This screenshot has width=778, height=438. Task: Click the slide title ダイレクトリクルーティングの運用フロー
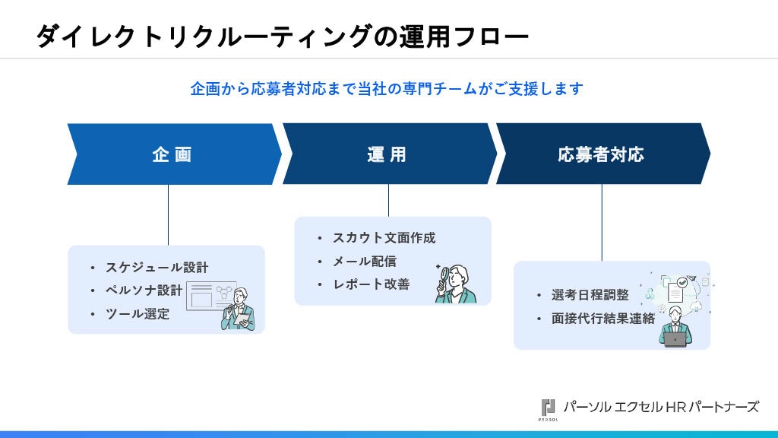282,36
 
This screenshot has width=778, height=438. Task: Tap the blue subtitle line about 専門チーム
387,89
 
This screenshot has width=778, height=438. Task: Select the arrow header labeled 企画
174,154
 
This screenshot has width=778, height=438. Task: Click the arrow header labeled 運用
389,154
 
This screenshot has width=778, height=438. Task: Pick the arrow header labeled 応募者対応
602,154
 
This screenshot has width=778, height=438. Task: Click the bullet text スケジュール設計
157,268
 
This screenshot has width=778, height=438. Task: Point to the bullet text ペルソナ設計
144,290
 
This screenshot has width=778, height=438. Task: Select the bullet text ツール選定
138,314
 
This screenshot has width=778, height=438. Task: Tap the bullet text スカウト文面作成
384,238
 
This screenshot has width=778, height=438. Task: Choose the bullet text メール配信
364,262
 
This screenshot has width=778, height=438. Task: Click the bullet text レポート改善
371,284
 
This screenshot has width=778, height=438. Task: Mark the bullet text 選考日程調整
590,295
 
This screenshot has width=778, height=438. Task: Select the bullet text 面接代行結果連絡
602,319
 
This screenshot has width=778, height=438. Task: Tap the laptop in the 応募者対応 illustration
675,340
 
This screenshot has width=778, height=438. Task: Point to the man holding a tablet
239,309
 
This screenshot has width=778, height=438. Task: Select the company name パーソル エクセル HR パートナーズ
661,408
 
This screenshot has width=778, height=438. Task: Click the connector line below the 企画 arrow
168,215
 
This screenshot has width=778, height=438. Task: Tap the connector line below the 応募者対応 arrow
602,223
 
